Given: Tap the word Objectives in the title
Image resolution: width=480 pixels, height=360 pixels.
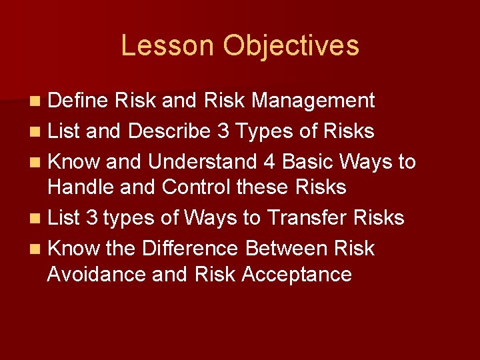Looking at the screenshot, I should (x=291, y=46).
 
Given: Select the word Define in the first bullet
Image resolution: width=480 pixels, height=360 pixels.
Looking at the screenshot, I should (x=78, y=101).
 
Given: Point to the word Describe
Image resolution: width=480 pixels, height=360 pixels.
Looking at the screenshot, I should (x=169, y=131).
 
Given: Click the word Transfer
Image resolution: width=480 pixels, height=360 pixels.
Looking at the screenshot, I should (x=313, y=218).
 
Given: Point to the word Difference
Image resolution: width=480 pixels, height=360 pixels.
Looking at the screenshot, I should (x=190, y=249).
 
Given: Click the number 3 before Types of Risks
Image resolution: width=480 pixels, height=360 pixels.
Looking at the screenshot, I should (x=223, y=131).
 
